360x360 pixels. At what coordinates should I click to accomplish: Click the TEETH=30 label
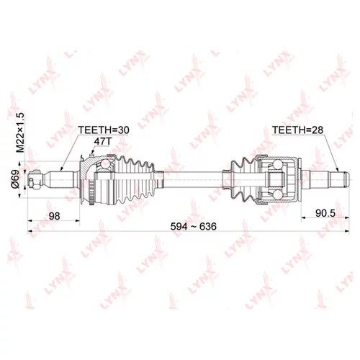click(x=104, y=130)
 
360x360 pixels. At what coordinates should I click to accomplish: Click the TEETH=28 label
click(x=297, y=130)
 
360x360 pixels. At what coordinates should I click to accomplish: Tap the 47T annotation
click(x=103, y=142)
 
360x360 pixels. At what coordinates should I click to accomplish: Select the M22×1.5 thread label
click(x=20, y=132)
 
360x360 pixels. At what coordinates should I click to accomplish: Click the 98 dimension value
click(x=54, y=216)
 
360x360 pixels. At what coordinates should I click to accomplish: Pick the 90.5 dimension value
click(x=325, y=213)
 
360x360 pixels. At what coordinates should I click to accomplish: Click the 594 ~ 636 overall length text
click(x=194, y=226)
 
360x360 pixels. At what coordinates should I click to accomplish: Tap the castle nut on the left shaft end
click(x=34, y=180)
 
